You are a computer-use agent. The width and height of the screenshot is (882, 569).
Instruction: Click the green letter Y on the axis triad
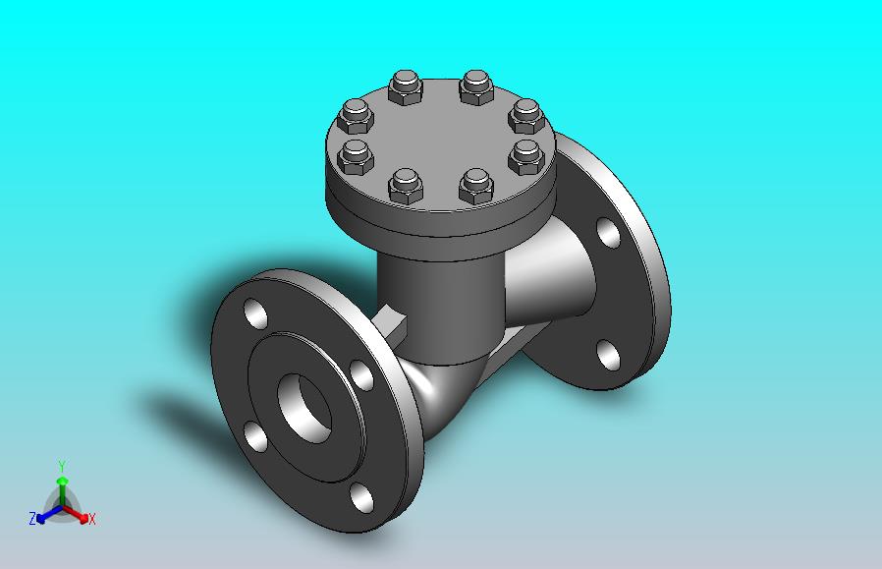[63, 467]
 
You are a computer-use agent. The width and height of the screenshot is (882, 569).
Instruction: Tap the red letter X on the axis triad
[92, 519]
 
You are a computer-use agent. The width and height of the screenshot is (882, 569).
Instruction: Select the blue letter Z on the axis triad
[32, 518]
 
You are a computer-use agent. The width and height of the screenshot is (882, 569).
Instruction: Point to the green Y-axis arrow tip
[63, 481]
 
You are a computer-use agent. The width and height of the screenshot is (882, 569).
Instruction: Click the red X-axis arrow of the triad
[76, 513]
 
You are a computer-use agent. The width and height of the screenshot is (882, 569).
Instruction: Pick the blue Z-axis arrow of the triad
[49, 513]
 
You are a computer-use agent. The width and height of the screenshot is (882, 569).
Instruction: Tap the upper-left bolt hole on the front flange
[255, 313]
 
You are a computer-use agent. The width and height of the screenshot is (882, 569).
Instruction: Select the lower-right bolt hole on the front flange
[361, 497]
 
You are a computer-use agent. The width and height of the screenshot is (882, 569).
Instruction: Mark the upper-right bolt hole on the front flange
[361, 374]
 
